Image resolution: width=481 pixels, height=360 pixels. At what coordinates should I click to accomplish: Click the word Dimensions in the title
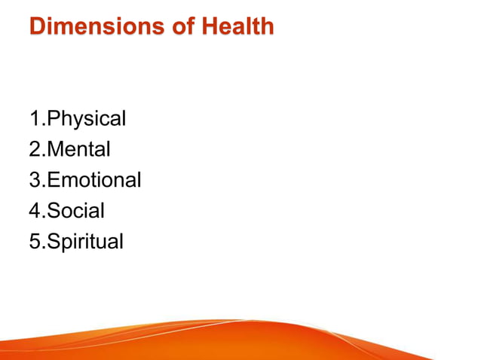click(x=93, y=28)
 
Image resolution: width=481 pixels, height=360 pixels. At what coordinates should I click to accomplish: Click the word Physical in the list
click(x=86, y=119)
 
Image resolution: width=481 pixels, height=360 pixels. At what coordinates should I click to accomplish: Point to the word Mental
click(x=78, y=150)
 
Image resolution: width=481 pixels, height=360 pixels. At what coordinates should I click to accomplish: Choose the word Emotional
click(x=94, y=180)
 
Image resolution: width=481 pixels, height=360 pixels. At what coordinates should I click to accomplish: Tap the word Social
click(x=75, y=210)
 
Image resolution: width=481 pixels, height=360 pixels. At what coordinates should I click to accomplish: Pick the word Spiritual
click(x=84, y=241)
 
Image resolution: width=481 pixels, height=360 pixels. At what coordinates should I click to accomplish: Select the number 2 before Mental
click(x=35, y=150)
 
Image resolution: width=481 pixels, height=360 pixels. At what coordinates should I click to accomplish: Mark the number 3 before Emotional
click(x=35, y=180)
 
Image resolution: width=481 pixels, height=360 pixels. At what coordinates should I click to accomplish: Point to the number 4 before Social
click(x=35, y=210)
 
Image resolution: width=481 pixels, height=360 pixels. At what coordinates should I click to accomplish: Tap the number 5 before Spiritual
click(x=35, y=241)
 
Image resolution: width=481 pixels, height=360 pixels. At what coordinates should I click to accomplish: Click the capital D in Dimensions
click(x=38, y=28)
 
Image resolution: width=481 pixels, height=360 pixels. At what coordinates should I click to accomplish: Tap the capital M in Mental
click(x=54, y=150)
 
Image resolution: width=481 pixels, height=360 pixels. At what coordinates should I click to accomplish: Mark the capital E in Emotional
click(x=53, y=180)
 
